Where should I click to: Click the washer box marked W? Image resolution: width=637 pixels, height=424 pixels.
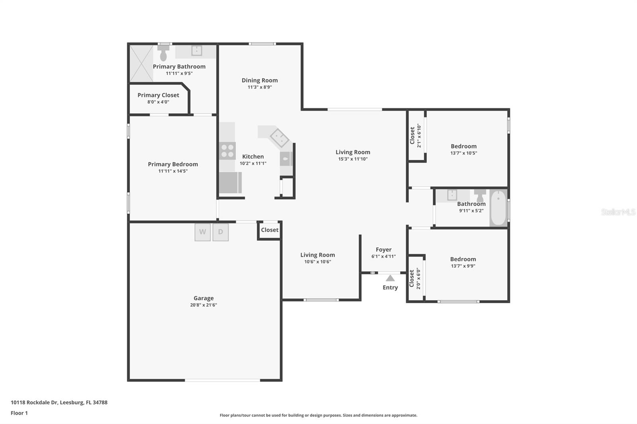point(203,232)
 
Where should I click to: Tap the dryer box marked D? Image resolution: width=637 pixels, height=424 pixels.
point(221,232)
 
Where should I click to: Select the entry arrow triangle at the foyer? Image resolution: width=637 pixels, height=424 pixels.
point(390,278)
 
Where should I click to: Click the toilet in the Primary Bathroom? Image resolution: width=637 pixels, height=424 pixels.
point(163,53)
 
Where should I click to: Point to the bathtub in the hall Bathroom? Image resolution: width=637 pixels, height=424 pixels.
point(498,208)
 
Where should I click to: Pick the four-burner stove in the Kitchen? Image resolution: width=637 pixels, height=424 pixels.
point(227,151)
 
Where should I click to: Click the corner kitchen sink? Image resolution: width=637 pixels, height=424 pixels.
point(279,138)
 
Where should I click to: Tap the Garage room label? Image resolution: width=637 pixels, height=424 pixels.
point(203,298)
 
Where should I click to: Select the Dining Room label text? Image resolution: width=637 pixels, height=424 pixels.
point(260,80)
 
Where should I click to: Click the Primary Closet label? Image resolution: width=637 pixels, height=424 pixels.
point(158,95)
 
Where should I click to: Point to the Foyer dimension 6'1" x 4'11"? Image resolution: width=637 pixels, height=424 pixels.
point(383,257)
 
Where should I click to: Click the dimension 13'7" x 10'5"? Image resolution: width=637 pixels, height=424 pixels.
point(463,153)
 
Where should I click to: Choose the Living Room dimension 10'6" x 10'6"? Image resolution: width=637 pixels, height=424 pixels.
point(317,262)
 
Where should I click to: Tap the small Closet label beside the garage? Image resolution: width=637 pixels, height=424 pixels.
point(270,230)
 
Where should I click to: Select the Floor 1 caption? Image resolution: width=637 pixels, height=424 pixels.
point(19,413)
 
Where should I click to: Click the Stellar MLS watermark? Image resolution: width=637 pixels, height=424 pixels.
point(618,212)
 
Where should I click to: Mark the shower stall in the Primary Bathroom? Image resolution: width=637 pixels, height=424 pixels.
point(141,64)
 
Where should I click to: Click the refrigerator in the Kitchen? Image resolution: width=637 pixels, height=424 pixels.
point(230,183)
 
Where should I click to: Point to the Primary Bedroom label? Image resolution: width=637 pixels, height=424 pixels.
point(173,164)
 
